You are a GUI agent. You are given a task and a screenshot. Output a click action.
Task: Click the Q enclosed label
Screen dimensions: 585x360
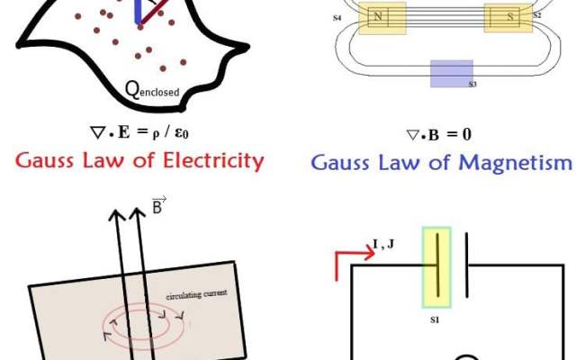point(152,89)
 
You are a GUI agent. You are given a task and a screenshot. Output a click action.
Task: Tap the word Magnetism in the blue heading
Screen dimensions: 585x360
point(518,163)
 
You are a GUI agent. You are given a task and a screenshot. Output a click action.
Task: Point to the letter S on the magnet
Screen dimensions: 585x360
point(511,17)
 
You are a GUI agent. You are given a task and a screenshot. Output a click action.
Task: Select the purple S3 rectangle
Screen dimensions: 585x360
point(452,73)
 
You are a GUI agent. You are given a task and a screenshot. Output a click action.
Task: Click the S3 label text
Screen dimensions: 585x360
point(472,85)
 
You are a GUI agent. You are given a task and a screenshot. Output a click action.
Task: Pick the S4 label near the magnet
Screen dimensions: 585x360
point(337,17)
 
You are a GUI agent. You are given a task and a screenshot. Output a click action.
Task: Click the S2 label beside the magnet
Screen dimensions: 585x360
point(537,14)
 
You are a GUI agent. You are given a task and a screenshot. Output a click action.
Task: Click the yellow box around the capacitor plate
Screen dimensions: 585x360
point(434,266)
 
